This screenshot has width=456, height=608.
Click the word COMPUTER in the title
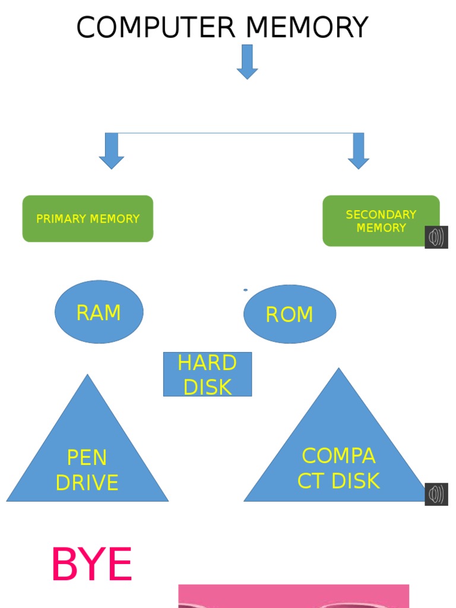click(x=156, y=28)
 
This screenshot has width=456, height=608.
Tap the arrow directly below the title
click(x=247, y=62)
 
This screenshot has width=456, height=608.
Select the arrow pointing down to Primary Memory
click(x=112, y=151)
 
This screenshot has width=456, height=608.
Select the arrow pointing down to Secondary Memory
click(x=359, y=151)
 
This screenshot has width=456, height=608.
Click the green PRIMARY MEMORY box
click(x=88, y=218)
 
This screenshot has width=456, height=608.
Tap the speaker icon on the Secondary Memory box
click(x=436, y=237)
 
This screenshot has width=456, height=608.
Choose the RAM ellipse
click(x=99, y=312)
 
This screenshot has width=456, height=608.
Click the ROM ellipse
click(x=290, y=314)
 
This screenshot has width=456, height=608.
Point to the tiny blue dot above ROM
click(x=245, y=290)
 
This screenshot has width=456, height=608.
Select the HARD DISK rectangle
click(x=207, y=374)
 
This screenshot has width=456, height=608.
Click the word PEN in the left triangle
click(x=87, y=458)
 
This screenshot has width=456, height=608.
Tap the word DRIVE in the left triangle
click(x=87, y=483)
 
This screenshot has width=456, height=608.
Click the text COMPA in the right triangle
click(x=338, y=456)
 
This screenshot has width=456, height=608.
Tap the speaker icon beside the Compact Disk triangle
click(x=436, y=494)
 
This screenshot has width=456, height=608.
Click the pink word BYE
click(x=91, y=565)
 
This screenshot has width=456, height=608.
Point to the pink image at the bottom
click(x=293, y=596)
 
